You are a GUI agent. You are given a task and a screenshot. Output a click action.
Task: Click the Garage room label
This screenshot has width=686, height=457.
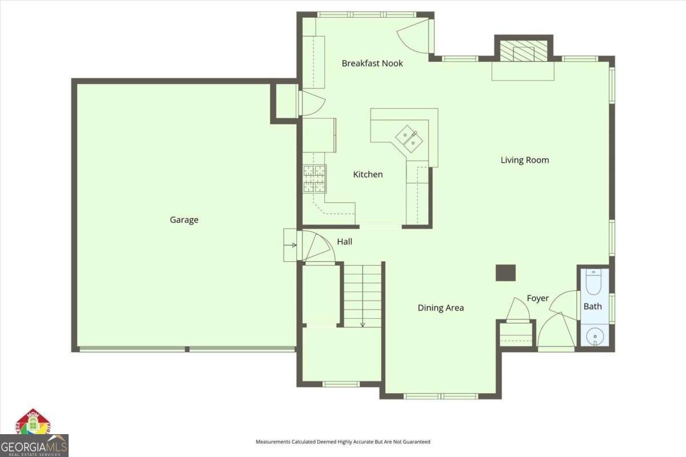tap(184, 220)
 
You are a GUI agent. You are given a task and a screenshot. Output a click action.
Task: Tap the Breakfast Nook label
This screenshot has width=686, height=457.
tap(372, 63)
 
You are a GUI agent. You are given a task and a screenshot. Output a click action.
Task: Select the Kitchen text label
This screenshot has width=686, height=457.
tap(368, 174)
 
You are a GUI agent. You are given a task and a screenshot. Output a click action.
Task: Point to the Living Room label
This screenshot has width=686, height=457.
tap(525, 160)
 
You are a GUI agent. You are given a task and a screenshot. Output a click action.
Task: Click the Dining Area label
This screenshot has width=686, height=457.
tap(440, 308)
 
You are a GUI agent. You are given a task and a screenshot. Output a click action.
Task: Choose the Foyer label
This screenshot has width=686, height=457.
tap(537, 298)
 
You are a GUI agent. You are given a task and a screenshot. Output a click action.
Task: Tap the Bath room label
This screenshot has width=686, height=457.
tap(592, 306)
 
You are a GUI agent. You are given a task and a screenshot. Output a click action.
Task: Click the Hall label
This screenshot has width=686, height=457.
tap(344, 242)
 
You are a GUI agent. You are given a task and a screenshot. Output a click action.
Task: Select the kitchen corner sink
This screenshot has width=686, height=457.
tap(410, 138)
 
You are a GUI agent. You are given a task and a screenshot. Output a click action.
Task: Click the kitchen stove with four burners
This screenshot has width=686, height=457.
tap(314, 178)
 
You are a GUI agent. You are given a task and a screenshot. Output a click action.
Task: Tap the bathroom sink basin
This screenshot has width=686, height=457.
tap(594, 336)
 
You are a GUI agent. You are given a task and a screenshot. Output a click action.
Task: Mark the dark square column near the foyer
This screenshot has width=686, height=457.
tap(505, 273)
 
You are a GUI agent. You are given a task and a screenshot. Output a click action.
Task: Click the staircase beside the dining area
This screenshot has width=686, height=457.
tap(362, 294)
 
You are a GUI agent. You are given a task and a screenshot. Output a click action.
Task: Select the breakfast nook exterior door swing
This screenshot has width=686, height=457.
tap(413, 36)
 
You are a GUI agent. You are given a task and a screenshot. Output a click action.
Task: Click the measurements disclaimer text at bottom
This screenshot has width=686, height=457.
tap(342, 442)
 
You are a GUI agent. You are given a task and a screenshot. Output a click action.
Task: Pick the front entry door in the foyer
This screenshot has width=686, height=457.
tap(556, 331)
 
